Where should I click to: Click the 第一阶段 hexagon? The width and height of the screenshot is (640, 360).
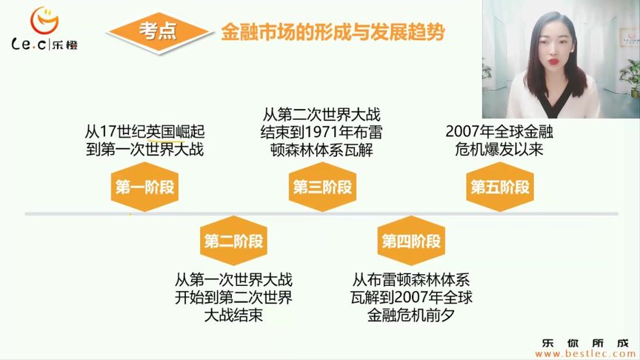point(144,187)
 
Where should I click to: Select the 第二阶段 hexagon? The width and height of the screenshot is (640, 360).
point(233,241)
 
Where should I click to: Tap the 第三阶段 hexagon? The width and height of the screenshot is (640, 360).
point(322,187)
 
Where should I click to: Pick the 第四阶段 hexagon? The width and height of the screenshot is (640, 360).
point(411,241)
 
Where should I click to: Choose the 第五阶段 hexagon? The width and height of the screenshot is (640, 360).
point(500,187)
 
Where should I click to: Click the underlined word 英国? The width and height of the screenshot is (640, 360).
point(164,132)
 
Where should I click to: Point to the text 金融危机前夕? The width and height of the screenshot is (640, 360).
point(410,316)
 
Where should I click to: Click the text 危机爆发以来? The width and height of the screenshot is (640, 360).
point(500,150)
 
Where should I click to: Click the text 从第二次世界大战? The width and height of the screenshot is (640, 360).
point(321,116)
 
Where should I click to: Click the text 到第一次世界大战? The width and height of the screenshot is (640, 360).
point(144,150)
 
